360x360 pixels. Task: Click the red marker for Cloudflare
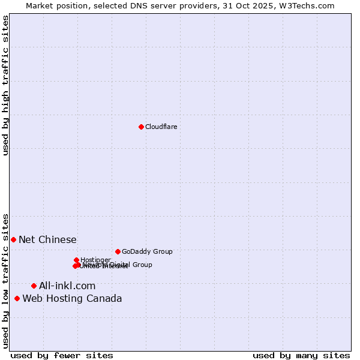141,127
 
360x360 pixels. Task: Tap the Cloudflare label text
161,127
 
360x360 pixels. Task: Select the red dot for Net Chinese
13,239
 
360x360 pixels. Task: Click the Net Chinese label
47,239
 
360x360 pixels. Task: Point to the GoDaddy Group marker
118,251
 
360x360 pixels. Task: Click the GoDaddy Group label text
147,251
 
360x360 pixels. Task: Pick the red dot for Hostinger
76,260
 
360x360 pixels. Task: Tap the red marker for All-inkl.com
34,286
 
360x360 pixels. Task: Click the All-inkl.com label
67,286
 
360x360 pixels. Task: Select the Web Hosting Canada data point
17,298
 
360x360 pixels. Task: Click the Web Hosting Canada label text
72,298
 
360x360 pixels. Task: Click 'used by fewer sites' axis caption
62,355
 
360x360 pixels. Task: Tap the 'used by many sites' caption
301,355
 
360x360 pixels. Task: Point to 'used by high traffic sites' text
5,85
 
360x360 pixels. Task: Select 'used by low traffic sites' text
5,280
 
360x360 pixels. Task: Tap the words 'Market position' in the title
50,5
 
